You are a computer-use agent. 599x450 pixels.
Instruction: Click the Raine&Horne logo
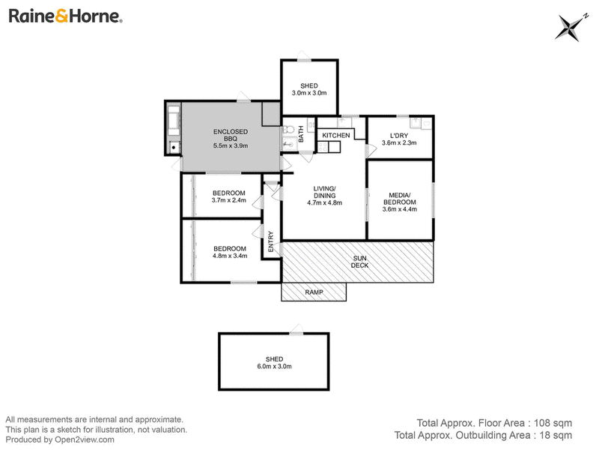(x=65, y=16)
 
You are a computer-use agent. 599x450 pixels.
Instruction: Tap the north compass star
(x=571, y=28)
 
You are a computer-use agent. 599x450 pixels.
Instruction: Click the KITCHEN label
(x=335, y=135)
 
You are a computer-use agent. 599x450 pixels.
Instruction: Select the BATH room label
(x=301, y=134)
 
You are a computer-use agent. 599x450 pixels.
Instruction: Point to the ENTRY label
(x=271, y=241)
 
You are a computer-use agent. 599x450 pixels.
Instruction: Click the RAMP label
(x=314, y=292)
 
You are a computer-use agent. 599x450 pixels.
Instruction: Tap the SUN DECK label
(x=360, y=262)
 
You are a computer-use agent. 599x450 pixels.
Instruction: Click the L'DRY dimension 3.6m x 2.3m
(x=399, y=142)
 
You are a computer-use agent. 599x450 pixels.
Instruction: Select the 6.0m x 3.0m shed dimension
(x=274, y=366)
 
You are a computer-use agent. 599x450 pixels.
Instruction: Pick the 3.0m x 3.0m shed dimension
(x=309, y=93)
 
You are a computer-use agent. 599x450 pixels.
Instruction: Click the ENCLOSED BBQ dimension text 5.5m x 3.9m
(x=231, y=145)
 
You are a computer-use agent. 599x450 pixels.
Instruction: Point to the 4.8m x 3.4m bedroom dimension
(x=230, y=256)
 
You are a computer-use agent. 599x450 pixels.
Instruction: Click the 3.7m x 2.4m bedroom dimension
(x=229, y=200)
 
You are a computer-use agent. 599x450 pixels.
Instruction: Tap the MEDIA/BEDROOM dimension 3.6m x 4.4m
(x=400, y=209)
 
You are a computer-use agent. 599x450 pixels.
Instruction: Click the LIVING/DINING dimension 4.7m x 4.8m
(x=324, y=202)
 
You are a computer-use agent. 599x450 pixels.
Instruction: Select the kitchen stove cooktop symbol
(x=323, y=147)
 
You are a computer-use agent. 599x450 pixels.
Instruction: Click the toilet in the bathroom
(x=288, y=128)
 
